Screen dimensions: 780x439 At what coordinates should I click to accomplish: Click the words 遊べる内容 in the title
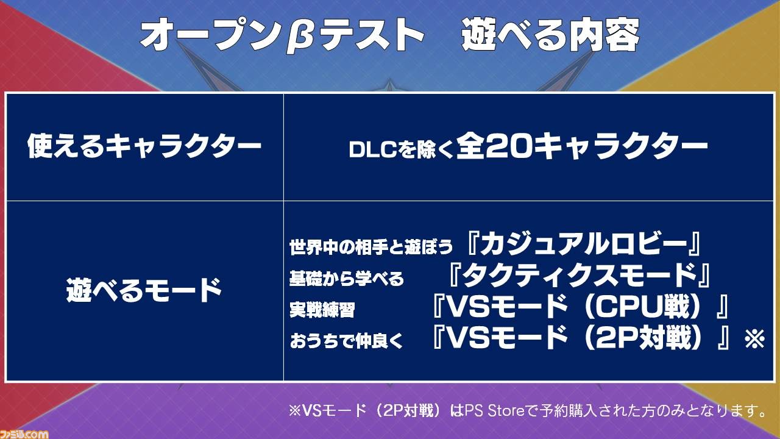coord(551,35)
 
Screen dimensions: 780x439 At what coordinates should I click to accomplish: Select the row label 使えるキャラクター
coord(144,146)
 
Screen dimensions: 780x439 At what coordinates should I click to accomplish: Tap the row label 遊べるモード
coord(144,290)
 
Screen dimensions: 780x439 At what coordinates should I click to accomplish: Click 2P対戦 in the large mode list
coord(642,338)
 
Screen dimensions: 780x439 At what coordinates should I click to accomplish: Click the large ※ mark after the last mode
coord(754,338)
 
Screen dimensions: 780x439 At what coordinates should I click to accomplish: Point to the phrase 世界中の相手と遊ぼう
coord(371,247)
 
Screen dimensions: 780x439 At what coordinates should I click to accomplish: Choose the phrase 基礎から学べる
coord(347,279)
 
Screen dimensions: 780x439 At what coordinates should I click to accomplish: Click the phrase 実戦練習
coord(322,310)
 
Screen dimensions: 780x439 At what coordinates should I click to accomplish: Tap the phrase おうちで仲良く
coord(347,341)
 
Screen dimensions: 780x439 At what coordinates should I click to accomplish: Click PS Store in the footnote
coord(494,412)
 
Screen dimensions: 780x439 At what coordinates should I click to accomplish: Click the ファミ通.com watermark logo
coord(24,434)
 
